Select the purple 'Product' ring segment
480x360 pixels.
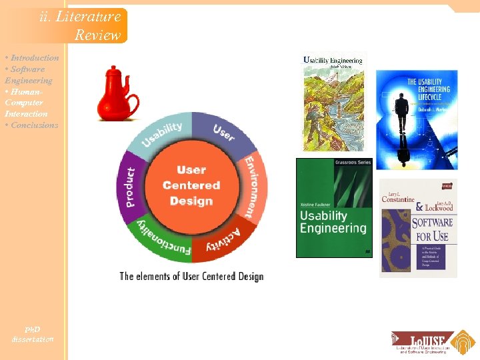click(x=131, y=187)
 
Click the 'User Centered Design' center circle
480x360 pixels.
click(x=191, y=186)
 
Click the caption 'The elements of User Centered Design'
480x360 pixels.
click(x=191, y=276)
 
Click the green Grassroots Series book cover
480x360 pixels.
click(x=334, y=207)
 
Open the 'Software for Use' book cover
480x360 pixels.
click(x=418, y=228)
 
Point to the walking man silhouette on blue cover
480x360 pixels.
click(x=402, y=116)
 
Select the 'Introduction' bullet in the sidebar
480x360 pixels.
click(x=33, y=58)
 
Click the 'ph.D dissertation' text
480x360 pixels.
click(x=32, y=335)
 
